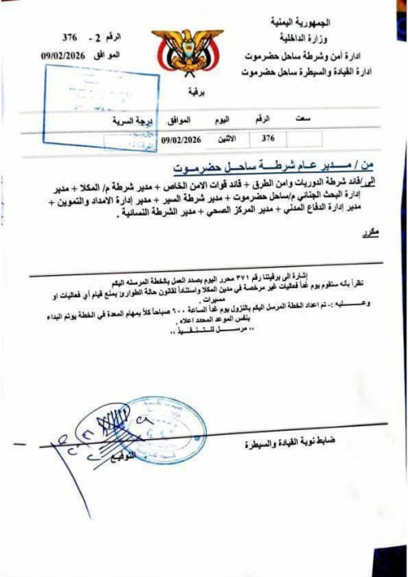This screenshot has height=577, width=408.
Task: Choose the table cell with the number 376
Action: pyautogui.click(x=268, y=139)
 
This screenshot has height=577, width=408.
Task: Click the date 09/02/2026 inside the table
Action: pyautogui.click(x=181, y=139)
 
